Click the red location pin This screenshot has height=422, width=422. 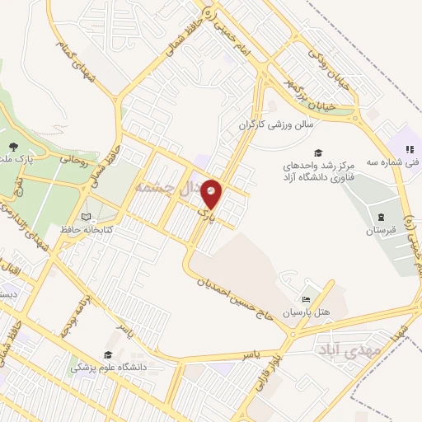click(212, 195)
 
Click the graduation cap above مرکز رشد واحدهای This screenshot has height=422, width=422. click(317, 152)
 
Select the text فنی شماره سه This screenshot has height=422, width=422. click(401, 162)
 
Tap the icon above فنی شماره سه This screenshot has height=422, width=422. click(409, 149)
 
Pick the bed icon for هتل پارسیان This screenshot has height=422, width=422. click(306, 298)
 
